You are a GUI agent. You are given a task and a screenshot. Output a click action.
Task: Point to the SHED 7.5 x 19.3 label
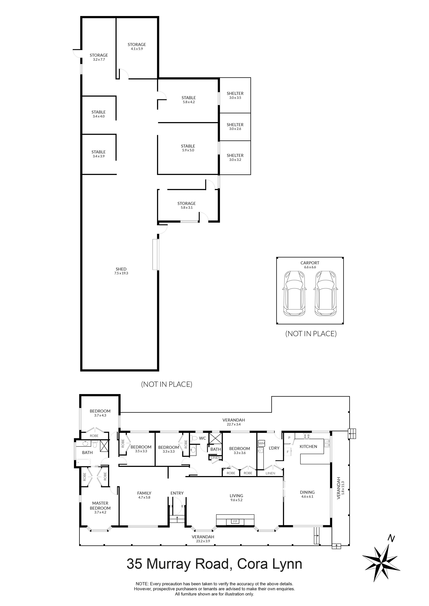121,271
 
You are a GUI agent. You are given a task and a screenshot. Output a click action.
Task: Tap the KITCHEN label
308,446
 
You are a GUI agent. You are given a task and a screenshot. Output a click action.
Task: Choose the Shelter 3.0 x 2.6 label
235,126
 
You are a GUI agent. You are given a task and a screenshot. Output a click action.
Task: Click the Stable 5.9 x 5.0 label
188,148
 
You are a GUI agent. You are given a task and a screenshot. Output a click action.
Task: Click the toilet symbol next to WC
195,438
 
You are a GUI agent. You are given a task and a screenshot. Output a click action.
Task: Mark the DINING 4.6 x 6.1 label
307,494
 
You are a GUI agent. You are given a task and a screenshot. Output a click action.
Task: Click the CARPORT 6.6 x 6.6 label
310,265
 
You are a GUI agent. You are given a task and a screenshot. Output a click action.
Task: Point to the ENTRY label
177,493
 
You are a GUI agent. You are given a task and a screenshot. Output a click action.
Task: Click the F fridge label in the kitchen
288,452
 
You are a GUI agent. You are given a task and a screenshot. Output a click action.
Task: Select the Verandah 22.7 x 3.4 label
233,422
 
